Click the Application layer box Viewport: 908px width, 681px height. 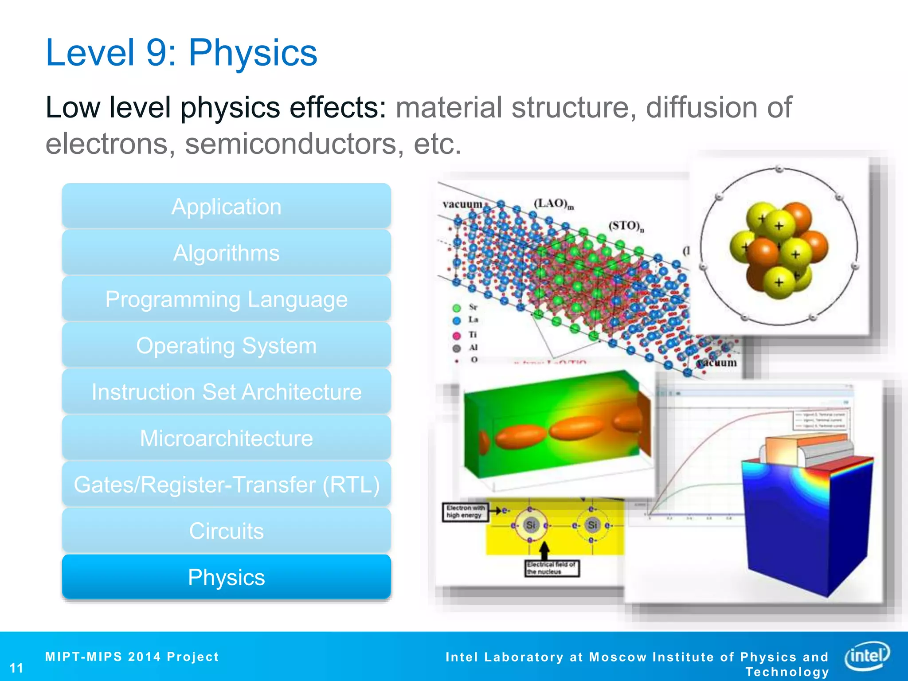tap(226, 207)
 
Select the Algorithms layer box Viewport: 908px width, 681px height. tap(226, 253)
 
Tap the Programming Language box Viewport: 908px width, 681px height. tap(226, 299)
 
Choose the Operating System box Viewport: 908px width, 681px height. tap(226, 345)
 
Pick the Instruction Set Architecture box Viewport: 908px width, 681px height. tap(226, 392)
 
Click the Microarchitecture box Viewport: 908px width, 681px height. tap(226, 438)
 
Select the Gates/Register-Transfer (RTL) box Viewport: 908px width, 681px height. tap(226, 485)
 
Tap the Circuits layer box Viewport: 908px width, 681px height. tap(226, 531)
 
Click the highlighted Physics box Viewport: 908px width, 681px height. tap(226, 577)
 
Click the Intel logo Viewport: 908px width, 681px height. tap(867, 655)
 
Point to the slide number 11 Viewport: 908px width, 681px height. tap(16, 668)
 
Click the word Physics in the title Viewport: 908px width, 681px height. tap(253, 53)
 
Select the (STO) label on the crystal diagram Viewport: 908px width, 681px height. tap(626, 226)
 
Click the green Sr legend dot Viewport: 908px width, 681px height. tap(457, 308)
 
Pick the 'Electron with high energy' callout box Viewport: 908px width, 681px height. tap(465, 512)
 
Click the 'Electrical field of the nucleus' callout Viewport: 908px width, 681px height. tap(552, 568)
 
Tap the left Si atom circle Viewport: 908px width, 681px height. tap(530, 525)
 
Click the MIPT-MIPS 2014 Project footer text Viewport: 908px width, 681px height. tap(132, 657)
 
